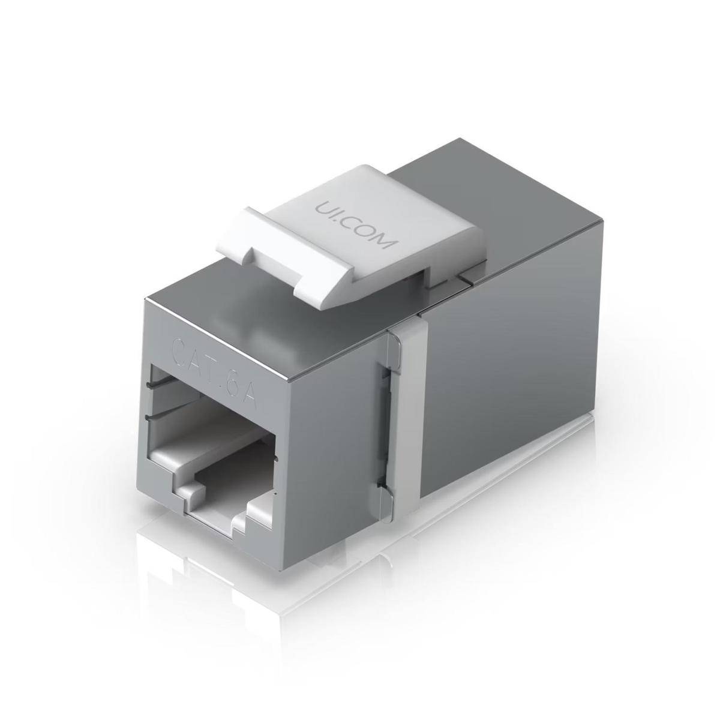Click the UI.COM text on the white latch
coord(356,224)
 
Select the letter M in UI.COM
coord(388,242)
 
